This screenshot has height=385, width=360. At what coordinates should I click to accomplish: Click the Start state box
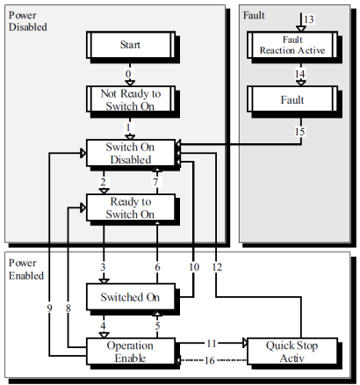[131, 45]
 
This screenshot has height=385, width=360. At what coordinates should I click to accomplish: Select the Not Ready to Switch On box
[131, 99]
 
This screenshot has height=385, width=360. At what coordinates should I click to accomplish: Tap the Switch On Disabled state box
[131, 153]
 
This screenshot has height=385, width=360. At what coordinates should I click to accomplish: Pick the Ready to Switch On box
[131, 207]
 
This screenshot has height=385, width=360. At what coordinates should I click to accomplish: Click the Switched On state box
[131, 296]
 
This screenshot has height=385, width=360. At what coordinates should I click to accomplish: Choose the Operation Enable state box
[131, 352]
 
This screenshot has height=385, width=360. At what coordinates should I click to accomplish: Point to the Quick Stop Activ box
[292, 352]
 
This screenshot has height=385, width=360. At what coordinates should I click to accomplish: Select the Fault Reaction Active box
[292, 45]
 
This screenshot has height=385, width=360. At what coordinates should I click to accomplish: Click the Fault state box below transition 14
[292, 99]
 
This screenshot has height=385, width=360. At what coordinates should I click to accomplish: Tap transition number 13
[309, 19]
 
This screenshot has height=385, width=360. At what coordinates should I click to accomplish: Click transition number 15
[300, 132]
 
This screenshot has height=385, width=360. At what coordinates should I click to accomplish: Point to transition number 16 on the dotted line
[210, 360]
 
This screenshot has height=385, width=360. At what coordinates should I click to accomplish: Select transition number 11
[212, 343]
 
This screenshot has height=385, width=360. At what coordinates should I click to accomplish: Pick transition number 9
[49, 308]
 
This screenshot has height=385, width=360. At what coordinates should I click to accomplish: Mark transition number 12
[217, 267]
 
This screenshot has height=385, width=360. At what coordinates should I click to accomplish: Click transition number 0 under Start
[128, 74]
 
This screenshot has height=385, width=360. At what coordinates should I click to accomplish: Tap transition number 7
[155, 182]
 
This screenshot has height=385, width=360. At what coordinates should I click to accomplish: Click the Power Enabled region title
[26, 269]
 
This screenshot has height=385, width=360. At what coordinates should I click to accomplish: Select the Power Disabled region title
[28, 21]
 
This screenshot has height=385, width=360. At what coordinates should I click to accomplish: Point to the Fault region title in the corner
[254, 15]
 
